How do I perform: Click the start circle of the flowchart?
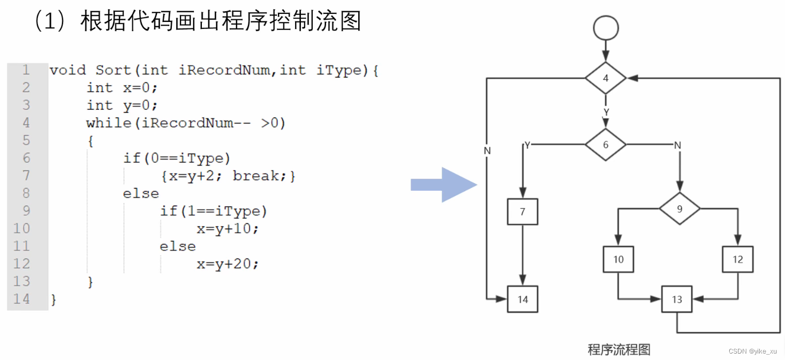606,28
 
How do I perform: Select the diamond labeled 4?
606,78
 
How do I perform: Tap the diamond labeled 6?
606,145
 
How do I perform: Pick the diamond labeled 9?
680,209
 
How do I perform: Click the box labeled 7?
523,212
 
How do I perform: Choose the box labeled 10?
618,260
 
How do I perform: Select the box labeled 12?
738,260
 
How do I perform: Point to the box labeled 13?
677,299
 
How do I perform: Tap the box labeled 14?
523,299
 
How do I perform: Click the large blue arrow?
443,185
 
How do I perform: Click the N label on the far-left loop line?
487,151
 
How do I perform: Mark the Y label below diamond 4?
606,112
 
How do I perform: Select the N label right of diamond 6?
677,145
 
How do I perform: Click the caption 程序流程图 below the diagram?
619,350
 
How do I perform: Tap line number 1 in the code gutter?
26,70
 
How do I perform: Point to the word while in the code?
109,123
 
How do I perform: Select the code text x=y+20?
228,264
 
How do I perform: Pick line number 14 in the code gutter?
21,299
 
